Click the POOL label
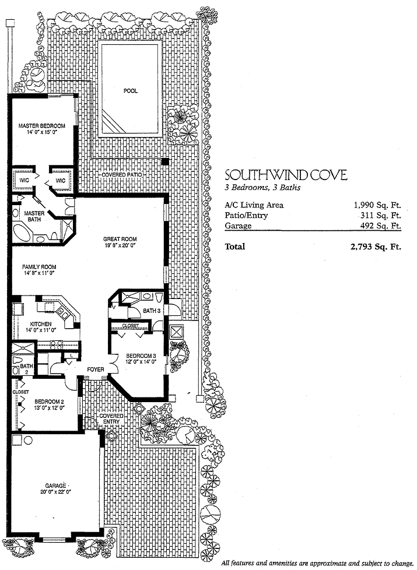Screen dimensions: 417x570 coord(130,91)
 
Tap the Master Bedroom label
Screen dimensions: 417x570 coord(42,126)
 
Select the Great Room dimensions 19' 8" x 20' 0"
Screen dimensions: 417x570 coord(120,245)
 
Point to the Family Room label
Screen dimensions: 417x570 coord(39,266)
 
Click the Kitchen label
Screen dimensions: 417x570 coord(41,324)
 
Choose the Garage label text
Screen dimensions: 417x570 coord(55,485)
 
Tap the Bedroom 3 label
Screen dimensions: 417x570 coord(141,356)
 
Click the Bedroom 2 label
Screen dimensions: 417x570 coord(49,402)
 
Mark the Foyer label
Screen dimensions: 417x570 coord(95,370)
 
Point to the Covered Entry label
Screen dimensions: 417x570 coord(111,419)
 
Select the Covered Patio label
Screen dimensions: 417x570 coord(121,175)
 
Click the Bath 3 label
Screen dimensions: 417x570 coord(152,311)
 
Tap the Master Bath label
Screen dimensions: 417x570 coord(34,216)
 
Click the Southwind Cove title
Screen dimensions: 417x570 coord(286,175)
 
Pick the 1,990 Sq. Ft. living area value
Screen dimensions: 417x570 coord(377,205)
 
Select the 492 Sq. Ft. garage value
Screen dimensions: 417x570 coord(380,226)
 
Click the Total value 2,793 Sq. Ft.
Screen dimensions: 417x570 coord(376,247)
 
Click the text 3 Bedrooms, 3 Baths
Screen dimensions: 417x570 coord(262,188)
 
